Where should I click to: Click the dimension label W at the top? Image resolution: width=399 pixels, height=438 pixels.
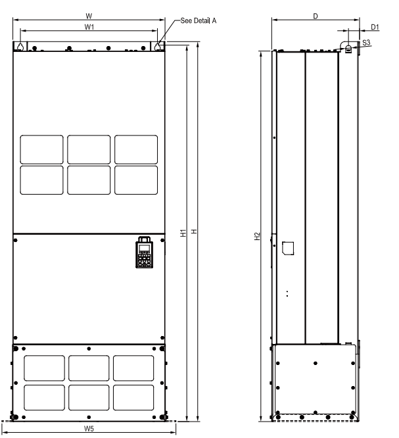[x=89, y=14]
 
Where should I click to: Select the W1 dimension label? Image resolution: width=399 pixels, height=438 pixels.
[x=89, y=26]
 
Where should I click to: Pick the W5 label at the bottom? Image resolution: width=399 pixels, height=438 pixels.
[x=89, y=429]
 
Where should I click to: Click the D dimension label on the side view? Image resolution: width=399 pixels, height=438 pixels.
[x=316, y=14]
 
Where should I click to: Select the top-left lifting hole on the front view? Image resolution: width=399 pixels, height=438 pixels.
[x=20, y=47]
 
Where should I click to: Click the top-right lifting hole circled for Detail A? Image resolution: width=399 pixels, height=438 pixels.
[x=159, y=47]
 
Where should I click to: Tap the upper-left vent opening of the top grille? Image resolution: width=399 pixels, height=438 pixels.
[x=42, y=149]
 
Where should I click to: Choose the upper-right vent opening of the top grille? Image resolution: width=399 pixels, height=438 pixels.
[x=136, y=149]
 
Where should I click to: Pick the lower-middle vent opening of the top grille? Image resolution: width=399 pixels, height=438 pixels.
[x=89, y=180]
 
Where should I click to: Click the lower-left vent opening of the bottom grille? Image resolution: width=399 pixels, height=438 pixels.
[x=45, y=398]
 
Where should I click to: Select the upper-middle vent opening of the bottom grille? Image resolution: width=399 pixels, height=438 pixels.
[x=89, y=368]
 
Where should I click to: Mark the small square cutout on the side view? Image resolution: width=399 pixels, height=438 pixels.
[x=287, y=247]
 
